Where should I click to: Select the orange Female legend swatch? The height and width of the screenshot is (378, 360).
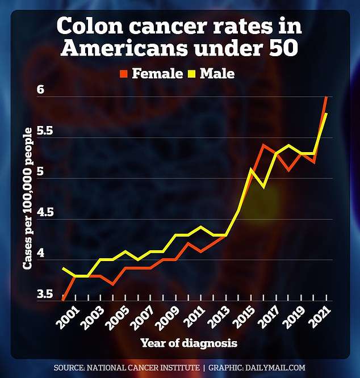tap(124, 73)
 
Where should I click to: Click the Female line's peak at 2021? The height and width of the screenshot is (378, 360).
tap(326, 97)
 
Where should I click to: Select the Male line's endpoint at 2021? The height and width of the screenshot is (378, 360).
tap(326, 114)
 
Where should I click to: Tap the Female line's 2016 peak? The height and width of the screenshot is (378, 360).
tap(263, 145)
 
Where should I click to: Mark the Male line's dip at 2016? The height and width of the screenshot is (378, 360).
tap(263, 187)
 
